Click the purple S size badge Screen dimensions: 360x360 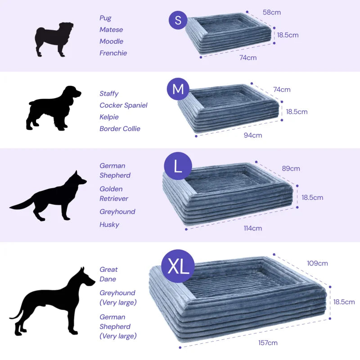178,20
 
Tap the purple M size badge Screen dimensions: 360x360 178,89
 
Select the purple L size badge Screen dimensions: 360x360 178,166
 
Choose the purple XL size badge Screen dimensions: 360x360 178,266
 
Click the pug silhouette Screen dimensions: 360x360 54,39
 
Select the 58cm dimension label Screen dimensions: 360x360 272,13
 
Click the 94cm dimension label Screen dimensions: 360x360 253,135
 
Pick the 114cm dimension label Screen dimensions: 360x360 253,228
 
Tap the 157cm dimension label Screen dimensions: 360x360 268,343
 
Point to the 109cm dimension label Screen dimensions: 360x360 317,263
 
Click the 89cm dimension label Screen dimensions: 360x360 291,168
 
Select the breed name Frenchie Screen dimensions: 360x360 113,53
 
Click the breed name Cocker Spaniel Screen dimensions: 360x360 123,105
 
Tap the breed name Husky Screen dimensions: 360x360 109,225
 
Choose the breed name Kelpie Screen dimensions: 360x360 109,117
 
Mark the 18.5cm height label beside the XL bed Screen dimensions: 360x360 344,301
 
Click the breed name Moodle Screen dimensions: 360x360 111,41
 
